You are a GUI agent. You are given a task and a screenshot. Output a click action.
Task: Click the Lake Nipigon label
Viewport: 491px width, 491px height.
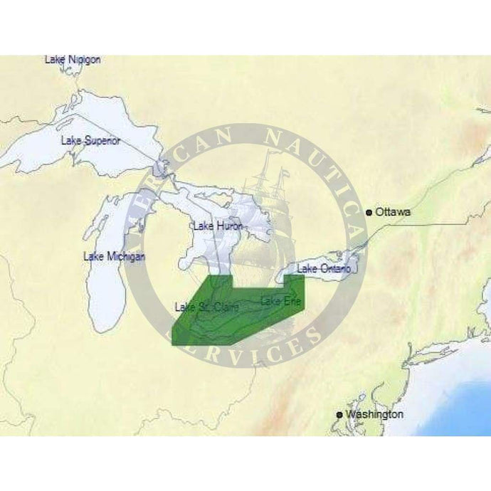(73, 60)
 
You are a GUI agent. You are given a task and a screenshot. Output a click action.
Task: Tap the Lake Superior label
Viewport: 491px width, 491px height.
(90, 140)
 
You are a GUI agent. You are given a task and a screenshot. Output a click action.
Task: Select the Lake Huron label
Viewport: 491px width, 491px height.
(218, 226)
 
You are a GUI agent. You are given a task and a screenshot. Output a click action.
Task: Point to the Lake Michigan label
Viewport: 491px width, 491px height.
(115, 256)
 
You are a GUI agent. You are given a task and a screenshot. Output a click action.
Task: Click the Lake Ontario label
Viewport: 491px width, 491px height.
(324, 268)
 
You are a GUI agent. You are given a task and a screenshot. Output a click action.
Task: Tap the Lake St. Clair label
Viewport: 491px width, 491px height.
(206, 307)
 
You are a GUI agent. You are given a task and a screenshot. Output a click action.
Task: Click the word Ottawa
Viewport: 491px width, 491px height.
(393, 212)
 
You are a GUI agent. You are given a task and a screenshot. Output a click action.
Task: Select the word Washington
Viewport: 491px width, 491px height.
(374, 414)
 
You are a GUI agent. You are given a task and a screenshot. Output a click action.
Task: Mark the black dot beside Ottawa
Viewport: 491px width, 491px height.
(369, 212)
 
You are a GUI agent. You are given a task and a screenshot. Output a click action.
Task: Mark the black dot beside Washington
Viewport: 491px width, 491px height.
(339, 415)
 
